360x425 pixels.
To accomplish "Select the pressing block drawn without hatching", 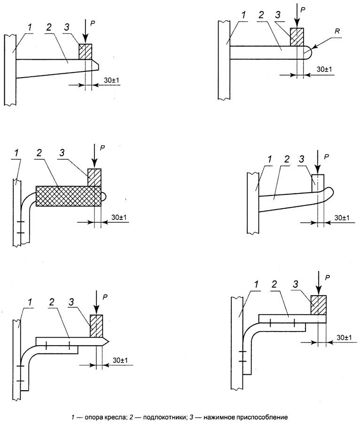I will [318, 183].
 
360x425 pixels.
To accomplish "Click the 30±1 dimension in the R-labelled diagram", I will [324, 70].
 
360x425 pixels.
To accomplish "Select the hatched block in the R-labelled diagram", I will [297, 37].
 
